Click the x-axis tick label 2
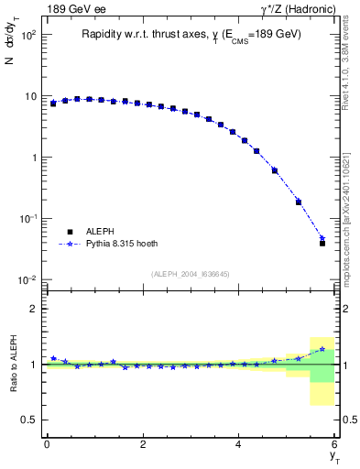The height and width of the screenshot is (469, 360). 143,444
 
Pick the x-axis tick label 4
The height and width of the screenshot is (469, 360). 239,444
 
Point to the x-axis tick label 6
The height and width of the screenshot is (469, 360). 335,444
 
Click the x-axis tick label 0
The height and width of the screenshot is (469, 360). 47,444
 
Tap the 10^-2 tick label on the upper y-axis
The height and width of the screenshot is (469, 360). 27,279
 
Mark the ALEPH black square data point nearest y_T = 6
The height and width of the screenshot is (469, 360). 322,244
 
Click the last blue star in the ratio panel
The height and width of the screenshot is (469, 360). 322,349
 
